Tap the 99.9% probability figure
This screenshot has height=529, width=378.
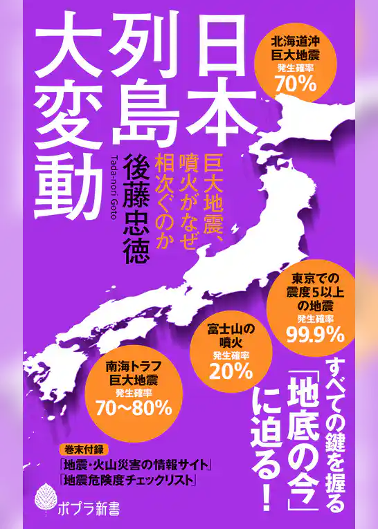pos(316,336)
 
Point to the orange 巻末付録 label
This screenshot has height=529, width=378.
pos(75,448)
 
